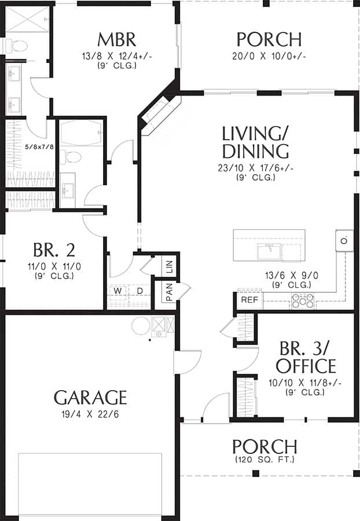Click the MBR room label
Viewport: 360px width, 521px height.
point(116,39)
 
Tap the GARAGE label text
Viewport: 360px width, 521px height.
point(90,397)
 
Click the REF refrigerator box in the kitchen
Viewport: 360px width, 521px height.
point(249,300)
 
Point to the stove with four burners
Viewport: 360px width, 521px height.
point(303,300)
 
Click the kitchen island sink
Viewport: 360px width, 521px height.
point(269,251)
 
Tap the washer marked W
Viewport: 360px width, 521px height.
point(117,290)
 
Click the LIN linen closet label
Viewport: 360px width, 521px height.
point(170,267)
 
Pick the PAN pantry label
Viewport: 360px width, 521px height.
point(170,292)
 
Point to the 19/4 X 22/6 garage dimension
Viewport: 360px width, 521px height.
point(90,414)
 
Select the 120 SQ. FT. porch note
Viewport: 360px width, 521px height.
point(265,460)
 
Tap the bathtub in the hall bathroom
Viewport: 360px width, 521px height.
point(81,134)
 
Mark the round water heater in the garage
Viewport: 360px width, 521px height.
point(140,325)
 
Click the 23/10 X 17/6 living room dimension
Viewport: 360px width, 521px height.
point(255,168)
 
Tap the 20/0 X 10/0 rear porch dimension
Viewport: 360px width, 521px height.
point(269,56)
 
